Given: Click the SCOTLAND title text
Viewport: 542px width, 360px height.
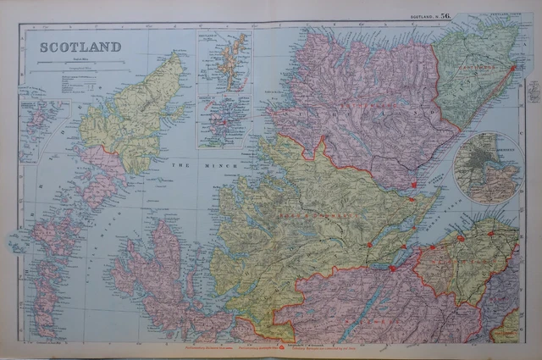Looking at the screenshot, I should tap(80, 46).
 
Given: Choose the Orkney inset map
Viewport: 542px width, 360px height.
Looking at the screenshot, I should tap(223, 119).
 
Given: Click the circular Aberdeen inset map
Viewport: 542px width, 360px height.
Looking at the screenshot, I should tap(487, 169).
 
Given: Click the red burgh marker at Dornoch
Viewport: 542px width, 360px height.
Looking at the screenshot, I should tap(414, 185).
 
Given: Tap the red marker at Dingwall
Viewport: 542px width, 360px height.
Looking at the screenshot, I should tap(370, 245).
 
